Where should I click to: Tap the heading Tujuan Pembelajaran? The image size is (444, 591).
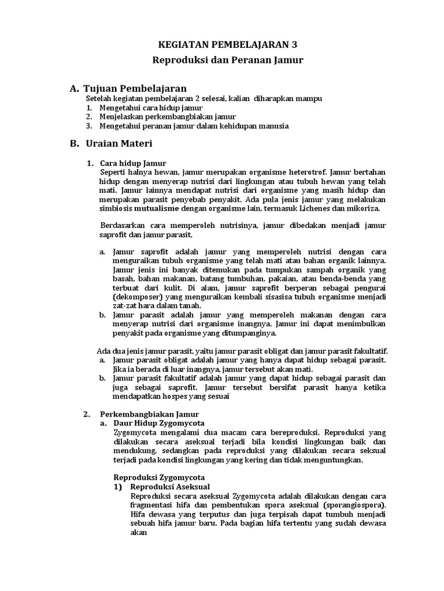135,88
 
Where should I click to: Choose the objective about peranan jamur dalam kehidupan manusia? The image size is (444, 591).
194,126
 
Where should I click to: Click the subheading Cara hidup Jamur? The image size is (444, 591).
133,163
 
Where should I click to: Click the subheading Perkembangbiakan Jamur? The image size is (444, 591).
149,414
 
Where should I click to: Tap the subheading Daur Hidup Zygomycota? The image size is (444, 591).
155,422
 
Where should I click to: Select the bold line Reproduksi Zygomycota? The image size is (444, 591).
158,477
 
